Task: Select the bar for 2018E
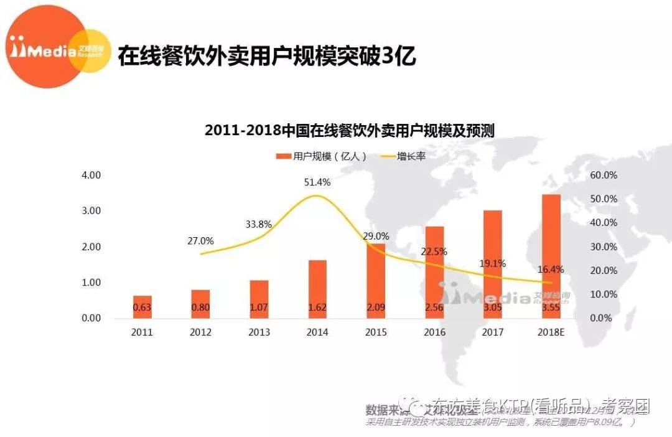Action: (x=551, y=255)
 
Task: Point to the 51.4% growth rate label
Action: (x=318, y=182)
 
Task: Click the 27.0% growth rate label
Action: (x=200, y=241)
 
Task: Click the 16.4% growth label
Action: (x=551, y=270)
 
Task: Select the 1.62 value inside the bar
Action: (x=317, y=307)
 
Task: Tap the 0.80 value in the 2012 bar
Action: (x=200, y=307)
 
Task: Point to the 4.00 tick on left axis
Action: (x=91, y=175)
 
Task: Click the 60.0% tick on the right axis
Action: (x=603, y=175)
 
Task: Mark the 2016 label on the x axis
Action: (x=434, y=332)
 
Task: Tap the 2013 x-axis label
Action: (x=259, y=332)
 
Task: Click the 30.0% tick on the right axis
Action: (x=603, y=247)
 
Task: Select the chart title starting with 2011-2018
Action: (x=350, y=131)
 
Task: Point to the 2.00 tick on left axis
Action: (x=91, y=247)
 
